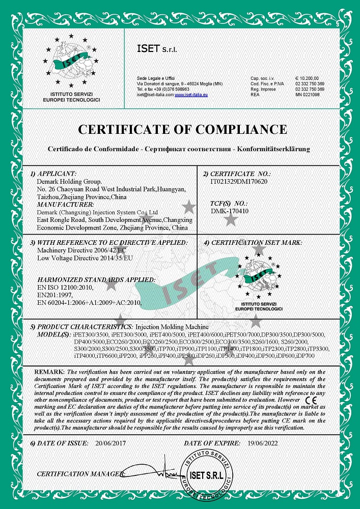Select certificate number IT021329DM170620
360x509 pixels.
pos(239,181)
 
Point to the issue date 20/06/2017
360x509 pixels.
pos(112,444)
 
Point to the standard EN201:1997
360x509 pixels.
pos(56,295)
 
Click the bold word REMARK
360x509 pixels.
pos(49,373)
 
